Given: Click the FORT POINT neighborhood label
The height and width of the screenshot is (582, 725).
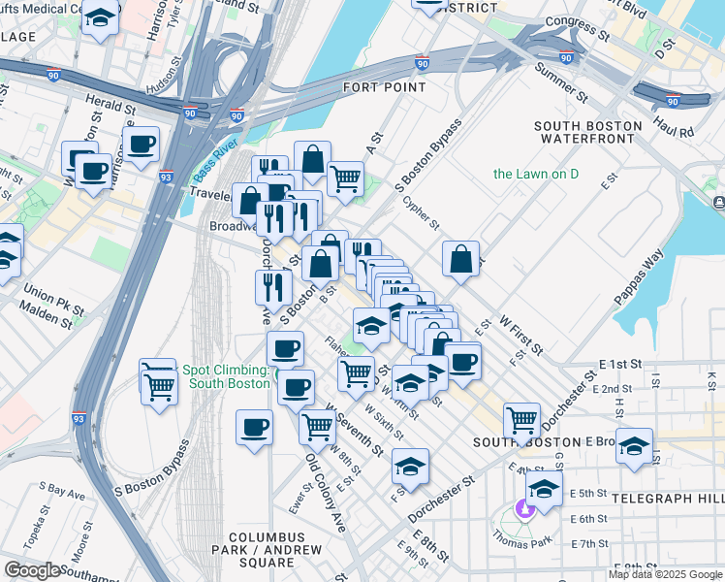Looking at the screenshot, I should click(x=384, y=87).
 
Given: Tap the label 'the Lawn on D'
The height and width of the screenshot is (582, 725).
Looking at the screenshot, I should click(x=535, y=175).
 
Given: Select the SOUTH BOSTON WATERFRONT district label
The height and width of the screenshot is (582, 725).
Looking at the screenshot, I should click(x=588, y=133).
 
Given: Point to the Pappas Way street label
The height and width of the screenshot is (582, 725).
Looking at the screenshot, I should click(x=639, y=277).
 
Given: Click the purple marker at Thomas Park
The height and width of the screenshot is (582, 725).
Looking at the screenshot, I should click(x=525, y=507).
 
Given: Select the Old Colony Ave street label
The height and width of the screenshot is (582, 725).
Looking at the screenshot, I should click(x=326, y=494).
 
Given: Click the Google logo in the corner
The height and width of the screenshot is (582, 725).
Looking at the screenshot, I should click(x=32, y=570).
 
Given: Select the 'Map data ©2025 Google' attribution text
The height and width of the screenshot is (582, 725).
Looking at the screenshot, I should click(x=665, y=574).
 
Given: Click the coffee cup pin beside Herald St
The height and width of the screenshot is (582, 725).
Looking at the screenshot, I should click(x=141, y=145).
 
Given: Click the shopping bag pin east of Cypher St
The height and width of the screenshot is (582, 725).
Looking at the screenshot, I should click(x=461, y=259).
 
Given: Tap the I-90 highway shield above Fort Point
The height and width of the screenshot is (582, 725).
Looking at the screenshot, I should click(x=423, y=64).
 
